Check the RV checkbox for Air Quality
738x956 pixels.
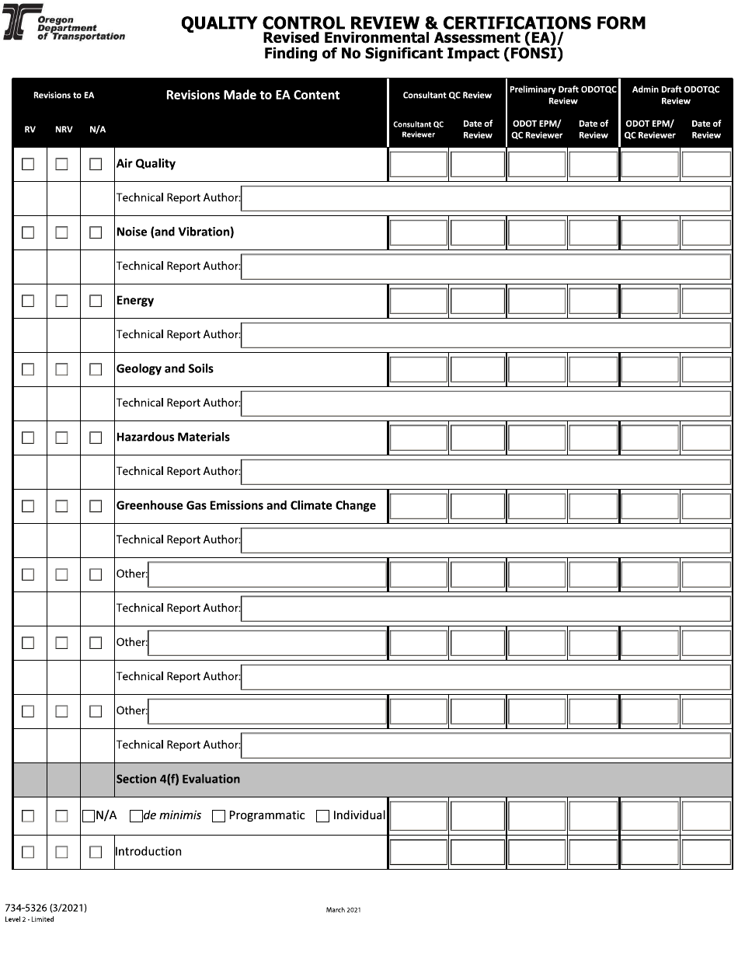[x=28, y=164]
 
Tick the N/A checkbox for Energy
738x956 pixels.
[x=96, y=301]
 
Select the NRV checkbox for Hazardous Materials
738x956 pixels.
[x=61, y=438]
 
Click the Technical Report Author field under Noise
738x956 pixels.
[x=486, y=267]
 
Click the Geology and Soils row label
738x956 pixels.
[x=165, y=369]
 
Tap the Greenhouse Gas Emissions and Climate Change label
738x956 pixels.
[x=245, y=506]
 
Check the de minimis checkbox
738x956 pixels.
[x=136, y=816]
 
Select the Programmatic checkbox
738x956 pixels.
[x=218, y=816]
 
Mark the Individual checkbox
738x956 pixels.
[x=322, y=816]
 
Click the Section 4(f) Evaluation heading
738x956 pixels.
[x=178, y=779]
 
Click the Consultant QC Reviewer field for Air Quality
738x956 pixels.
[x=418, y=165]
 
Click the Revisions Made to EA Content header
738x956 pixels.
[x=252, y=96]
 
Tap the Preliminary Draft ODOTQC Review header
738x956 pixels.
[x=562, y=95]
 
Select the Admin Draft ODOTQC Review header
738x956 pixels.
[x=675, y=95]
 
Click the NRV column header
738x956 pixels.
[x=64, y=130]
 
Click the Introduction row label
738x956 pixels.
[x=148, y=852]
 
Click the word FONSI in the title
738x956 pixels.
[x=536, y=54]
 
